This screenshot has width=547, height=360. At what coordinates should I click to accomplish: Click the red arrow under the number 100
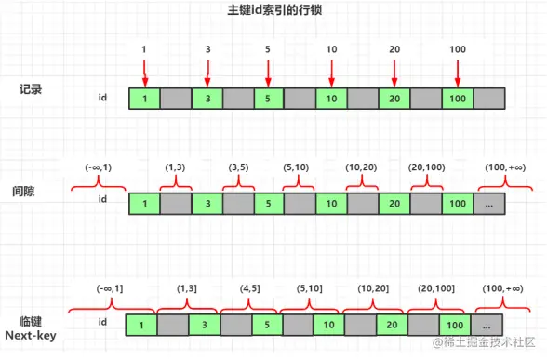pos(458,72)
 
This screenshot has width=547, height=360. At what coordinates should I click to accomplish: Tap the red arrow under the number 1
pos(144,72)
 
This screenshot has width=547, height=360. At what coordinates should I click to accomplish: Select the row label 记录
pos(33,89)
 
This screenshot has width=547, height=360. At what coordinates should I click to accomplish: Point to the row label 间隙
pos(33,192)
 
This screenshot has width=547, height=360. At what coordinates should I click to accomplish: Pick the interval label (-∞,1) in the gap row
pos(100,167)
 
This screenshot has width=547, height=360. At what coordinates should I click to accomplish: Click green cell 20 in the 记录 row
pos(394,97)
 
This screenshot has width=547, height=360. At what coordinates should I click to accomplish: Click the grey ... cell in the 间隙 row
pos(489,200)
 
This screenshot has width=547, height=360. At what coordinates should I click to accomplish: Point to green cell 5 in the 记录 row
pos(268,97)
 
